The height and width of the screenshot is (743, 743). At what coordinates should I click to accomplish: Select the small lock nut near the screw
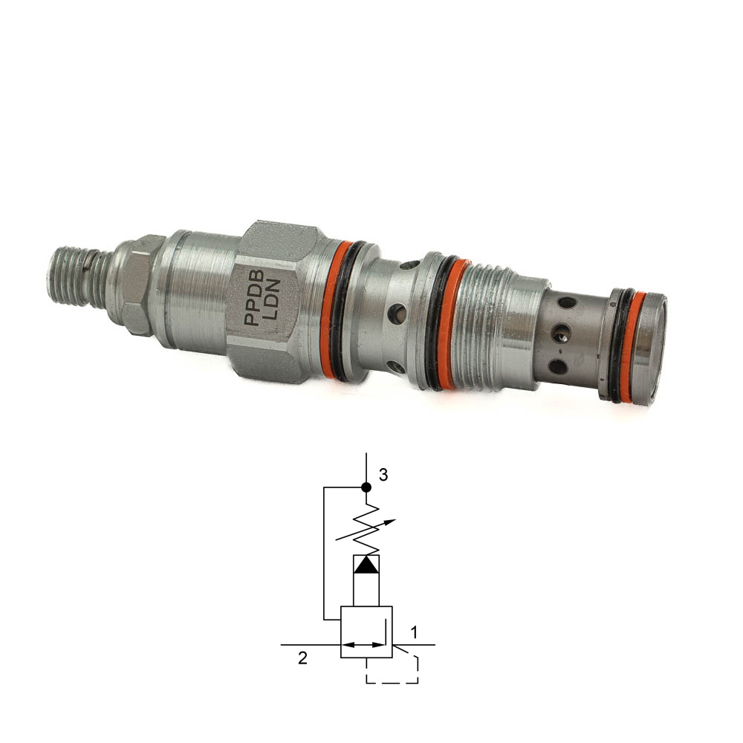pyautogui.click(x=135, y=285)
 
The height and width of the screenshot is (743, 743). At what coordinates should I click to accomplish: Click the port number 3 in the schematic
pyautogui.click(x=383, y=474)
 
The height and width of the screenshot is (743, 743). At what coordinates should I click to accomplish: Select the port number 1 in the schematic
pyautogui.click(x=413, y=632)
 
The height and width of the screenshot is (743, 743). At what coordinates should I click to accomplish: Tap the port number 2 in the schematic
pyautogui.click(x=302, y=658)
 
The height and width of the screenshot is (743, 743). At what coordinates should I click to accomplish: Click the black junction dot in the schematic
pyautogui.click(x=366, y=487)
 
